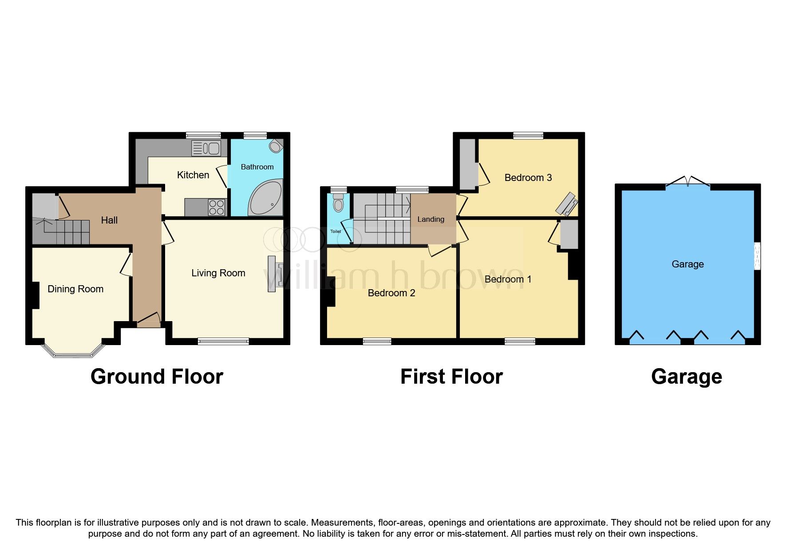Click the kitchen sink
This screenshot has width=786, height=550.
coord(206,148)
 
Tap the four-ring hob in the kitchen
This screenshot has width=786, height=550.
coord(217,208)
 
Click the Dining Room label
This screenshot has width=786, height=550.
coord(75,289)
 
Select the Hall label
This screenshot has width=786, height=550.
coord(109,220)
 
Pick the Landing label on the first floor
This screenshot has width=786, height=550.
coord(431,220)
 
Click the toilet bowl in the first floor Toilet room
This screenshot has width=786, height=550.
coord(339,204)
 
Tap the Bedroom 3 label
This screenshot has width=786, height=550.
coord(528,178)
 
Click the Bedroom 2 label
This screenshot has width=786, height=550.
coord(391,293)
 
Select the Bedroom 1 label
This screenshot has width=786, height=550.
coord(508,279)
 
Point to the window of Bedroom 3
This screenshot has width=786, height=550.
coord(528,136)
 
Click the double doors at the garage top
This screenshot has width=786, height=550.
coord(687,183)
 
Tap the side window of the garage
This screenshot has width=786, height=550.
coord(758,256)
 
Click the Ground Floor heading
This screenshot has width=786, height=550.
coord(157,377)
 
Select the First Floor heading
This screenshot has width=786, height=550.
coord(451,377)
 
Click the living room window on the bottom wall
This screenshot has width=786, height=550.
coord(223,341)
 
